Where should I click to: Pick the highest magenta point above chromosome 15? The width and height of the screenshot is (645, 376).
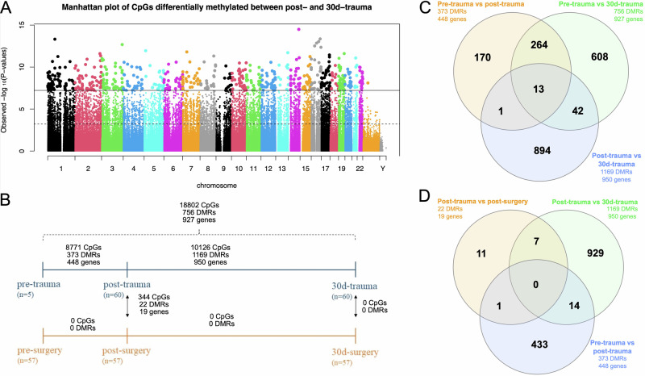pyautogui.click(x=299, y=30)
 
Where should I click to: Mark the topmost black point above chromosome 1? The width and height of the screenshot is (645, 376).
pyautogui.click(x=55, y=40)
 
